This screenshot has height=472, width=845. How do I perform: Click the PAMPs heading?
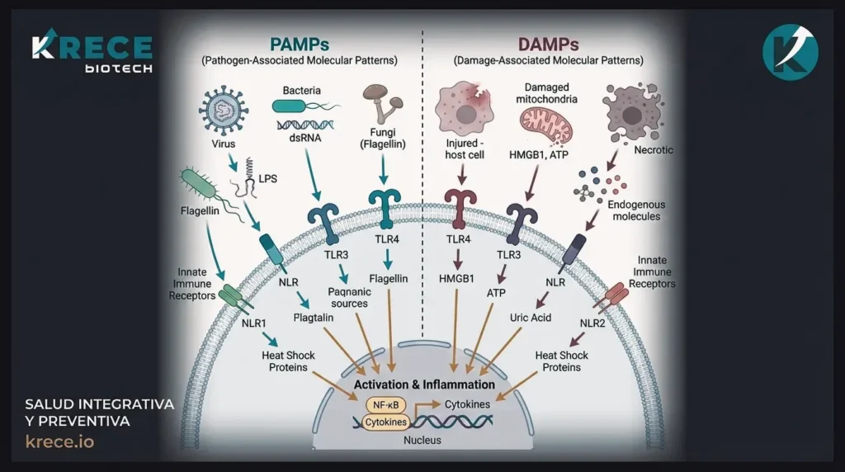point(300,44)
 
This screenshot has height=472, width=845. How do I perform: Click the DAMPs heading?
point(548,44)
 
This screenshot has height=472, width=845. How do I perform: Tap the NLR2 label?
point(592,323)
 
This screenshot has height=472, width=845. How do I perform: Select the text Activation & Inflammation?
point(424,385)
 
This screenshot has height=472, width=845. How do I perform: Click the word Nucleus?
point(422,440)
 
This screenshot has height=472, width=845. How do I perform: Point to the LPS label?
point(267,178)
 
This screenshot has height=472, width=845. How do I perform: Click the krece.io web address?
point(59,441)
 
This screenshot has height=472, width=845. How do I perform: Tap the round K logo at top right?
point(790,52)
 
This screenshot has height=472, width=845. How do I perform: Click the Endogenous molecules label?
point(636,210)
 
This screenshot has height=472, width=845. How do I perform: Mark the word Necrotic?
point(654,150)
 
